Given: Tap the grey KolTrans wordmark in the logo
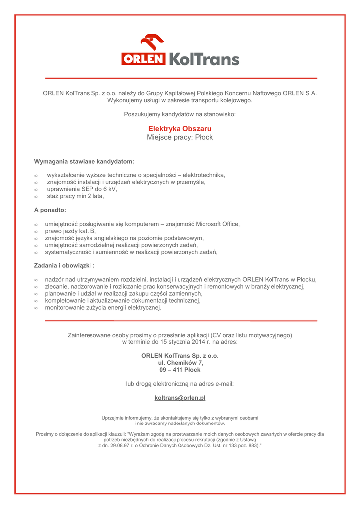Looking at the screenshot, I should (204, 59).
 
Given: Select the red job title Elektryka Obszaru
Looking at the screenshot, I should (180, 129).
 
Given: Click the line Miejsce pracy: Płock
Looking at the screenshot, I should (180, 137).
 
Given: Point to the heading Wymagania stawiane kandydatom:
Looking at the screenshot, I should (84, 162).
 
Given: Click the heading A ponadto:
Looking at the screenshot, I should (50, 210).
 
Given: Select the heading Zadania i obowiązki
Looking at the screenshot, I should (64, 266).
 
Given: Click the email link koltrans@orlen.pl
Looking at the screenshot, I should (180, 398).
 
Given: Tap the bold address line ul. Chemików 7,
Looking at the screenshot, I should (180, 363).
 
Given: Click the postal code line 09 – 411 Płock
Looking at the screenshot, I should (180, 370).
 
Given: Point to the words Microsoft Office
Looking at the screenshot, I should (217, 224).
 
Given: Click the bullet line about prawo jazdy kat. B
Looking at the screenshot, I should (70, 231).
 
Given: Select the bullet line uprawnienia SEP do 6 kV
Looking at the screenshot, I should (82, 189).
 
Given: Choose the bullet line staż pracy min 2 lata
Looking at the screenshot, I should (76, 196).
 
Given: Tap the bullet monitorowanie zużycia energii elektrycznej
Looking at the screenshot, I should (103, 308).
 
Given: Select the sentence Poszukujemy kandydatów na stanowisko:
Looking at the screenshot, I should (180, 114).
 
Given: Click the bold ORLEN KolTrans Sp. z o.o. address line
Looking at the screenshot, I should (180, 356).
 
